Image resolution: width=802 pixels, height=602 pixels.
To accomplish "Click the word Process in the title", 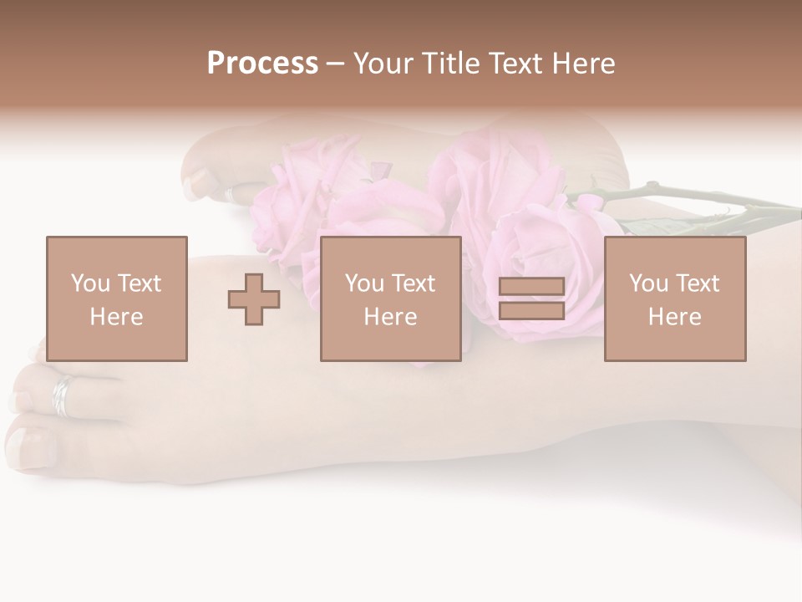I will pos(262,64).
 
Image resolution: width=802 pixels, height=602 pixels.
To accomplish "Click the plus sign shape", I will pos(254,299).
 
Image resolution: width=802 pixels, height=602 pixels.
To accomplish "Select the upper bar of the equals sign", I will pos(531,286).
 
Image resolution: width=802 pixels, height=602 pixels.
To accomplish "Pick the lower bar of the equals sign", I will pos(531,311).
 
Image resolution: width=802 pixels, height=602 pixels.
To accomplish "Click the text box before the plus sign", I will pos(116,298).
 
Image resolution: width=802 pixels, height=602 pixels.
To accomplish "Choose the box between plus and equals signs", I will pos(390,298).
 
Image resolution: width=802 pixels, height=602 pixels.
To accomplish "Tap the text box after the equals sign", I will pos(674,298).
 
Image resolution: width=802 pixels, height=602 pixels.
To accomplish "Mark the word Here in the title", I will pos(585,64).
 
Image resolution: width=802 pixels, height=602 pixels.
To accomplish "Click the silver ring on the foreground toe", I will pos(63,395).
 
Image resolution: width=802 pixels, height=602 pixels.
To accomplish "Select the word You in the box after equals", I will pos(648,283).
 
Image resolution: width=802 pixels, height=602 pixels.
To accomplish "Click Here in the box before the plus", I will pos(116,317).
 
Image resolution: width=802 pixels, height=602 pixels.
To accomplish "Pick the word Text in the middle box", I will pos(414,283).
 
